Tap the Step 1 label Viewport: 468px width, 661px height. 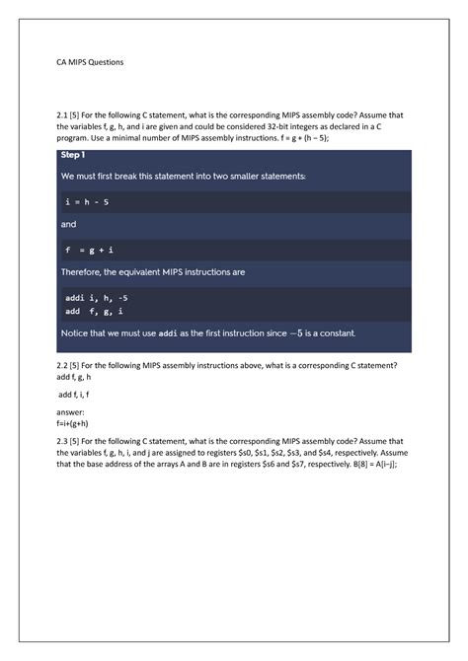73,156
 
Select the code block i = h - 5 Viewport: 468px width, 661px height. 86,202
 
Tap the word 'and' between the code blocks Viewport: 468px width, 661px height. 68,225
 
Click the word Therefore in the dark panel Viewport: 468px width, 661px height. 87,273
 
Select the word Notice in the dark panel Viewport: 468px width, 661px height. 81,333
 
